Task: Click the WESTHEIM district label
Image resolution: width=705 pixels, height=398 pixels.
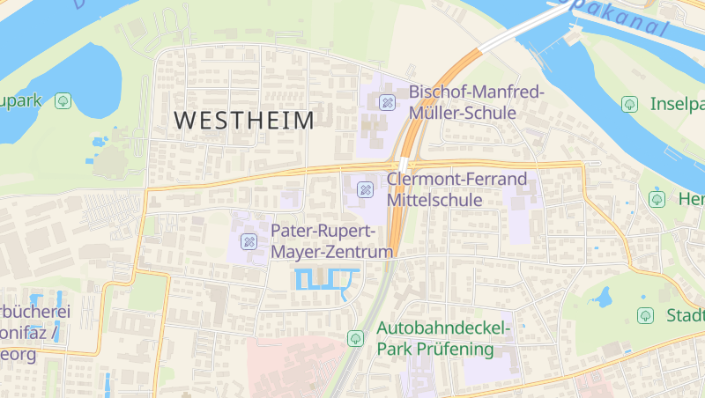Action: (x=244, y=122)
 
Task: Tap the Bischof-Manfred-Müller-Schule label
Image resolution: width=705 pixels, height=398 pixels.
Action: (x=476, y=102)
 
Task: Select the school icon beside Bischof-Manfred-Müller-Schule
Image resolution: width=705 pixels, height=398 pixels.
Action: (x=386, y=102)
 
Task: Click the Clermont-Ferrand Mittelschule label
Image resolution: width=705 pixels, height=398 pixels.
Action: (x=456, y=189)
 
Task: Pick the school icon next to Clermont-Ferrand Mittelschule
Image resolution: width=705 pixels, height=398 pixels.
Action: (x=364, y=189)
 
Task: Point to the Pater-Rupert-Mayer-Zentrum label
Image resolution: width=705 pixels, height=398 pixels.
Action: (x=330, y=241)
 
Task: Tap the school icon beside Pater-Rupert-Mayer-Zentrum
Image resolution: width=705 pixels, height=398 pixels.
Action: (x=249, y=241)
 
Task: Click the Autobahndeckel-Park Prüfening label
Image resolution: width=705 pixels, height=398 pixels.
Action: (x=443, y=339)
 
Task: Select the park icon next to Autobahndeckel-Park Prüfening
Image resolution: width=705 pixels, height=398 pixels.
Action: (x=355, y=338)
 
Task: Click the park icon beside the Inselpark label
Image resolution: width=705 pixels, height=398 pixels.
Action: (x=629, y=104)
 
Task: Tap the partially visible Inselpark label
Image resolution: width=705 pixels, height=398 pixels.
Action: (x=677, y=104)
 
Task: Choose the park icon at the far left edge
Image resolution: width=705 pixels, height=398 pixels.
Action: (x=63, y=101)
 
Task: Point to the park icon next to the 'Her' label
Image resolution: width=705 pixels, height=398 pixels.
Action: (x=657, y=199)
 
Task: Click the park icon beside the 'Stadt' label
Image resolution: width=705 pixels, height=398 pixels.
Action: (x=645, y=315)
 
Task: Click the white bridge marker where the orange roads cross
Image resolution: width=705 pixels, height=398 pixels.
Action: (x=404, y=166)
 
